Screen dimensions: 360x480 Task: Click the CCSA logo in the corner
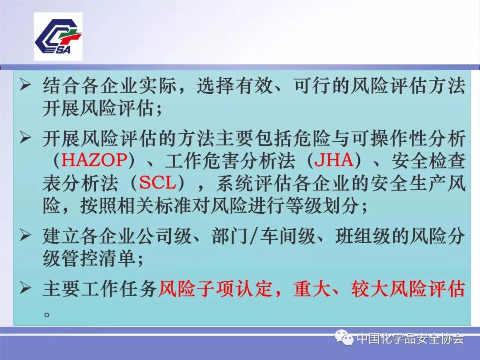click(58, 36)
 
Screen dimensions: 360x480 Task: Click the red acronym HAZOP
click(95, 160)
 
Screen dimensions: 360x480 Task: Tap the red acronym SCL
click(159, 183)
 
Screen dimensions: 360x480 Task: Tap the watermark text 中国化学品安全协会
click(410, 340)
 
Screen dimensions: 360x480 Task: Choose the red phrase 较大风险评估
click(408, 290)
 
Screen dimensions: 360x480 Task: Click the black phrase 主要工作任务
click(100, 290)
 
